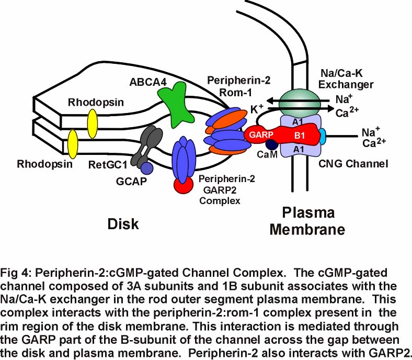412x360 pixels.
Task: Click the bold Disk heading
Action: (124, 224)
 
